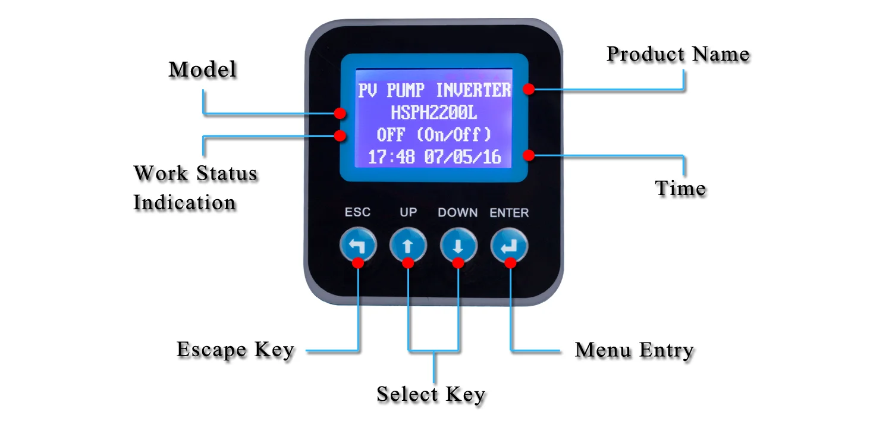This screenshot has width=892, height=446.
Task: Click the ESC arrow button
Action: tap(358, 244)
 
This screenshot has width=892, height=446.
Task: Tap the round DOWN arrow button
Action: tap(458, 244)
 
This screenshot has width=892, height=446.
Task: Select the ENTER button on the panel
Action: tap(509, 244)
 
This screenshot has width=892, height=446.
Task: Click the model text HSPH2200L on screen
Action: tap(434, 112)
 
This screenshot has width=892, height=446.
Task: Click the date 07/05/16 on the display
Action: tap(462, 158)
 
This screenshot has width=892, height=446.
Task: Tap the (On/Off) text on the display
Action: tap(454, 135)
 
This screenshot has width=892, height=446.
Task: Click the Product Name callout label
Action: tap(677, 55)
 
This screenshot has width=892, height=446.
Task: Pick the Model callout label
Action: tap(203, 70)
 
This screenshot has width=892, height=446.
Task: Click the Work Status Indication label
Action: tap(195, 187)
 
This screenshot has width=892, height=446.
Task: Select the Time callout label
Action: tap(680, 189)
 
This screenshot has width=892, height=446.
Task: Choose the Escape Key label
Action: tap(235, 350)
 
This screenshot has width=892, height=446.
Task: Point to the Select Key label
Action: tap(431, 394)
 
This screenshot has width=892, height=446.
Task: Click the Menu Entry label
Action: tap(634, 350)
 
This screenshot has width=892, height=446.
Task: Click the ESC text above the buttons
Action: tap(357, 212)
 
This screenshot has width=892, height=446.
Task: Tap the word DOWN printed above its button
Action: tap(457, 212)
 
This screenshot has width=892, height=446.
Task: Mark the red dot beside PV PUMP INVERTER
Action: tap(528, 89)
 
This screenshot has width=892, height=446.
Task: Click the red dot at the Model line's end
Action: tap(340, 113)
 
